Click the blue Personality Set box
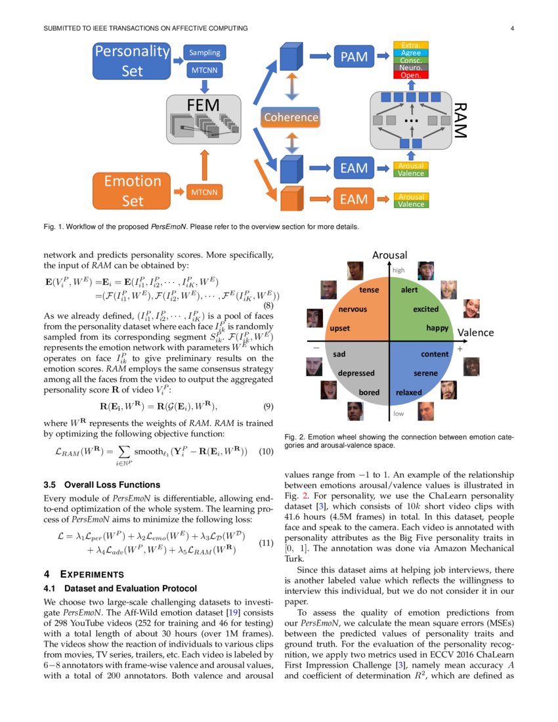click(132, 60)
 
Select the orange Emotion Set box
click(132, 190)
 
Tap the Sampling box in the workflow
click(205, 53)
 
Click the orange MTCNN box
click(205, 192)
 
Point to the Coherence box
click(290, 117)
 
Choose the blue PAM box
click(354, 57)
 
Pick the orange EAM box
click(353, 198)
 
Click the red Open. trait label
click(410, 75)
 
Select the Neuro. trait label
click(410, 68)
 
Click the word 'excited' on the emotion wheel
click(425, 308)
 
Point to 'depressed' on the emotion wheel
click(356, 373)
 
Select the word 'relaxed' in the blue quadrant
click(409, 393)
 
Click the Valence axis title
click(475, 332)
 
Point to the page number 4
click(511, 28)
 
